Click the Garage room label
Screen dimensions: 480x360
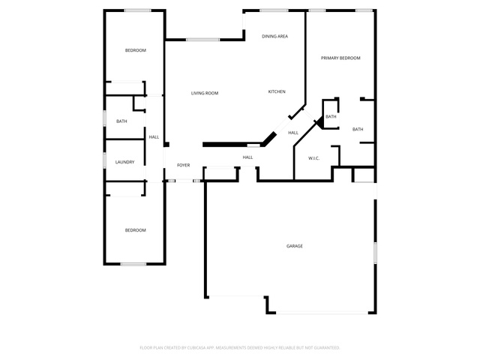(x=295, y=246)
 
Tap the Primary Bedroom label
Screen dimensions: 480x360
(x=340, y=58)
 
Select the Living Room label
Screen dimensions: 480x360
(x=205, y=93)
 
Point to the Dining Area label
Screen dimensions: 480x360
(x=275, y=36)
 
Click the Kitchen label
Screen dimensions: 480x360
(x=277, y=91)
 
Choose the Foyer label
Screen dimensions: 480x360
(x=183, y=165)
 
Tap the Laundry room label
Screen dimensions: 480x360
(x=124, y=162)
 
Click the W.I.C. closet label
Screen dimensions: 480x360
(x=313, y=158)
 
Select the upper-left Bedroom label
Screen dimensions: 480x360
(x=135, y=50)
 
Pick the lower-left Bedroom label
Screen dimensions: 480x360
(x=135, y=230)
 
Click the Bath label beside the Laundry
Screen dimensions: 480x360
(x=121, y=121)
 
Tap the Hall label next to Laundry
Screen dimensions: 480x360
(x=154, y=136)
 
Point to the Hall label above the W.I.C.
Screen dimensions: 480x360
(x=293, y=133)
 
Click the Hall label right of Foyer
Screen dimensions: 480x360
(x=247, y=157)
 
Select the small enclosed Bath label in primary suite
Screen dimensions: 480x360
(x=331, y=117)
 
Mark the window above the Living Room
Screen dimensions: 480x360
(x=202, y=40)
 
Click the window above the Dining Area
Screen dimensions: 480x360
(x=274, y=10)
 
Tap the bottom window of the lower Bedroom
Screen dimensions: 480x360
(x=133, y=264)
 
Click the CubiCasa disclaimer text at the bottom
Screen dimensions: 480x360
(x=240, y=348)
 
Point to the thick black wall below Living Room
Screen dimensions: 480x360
(x=232, y=145)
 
